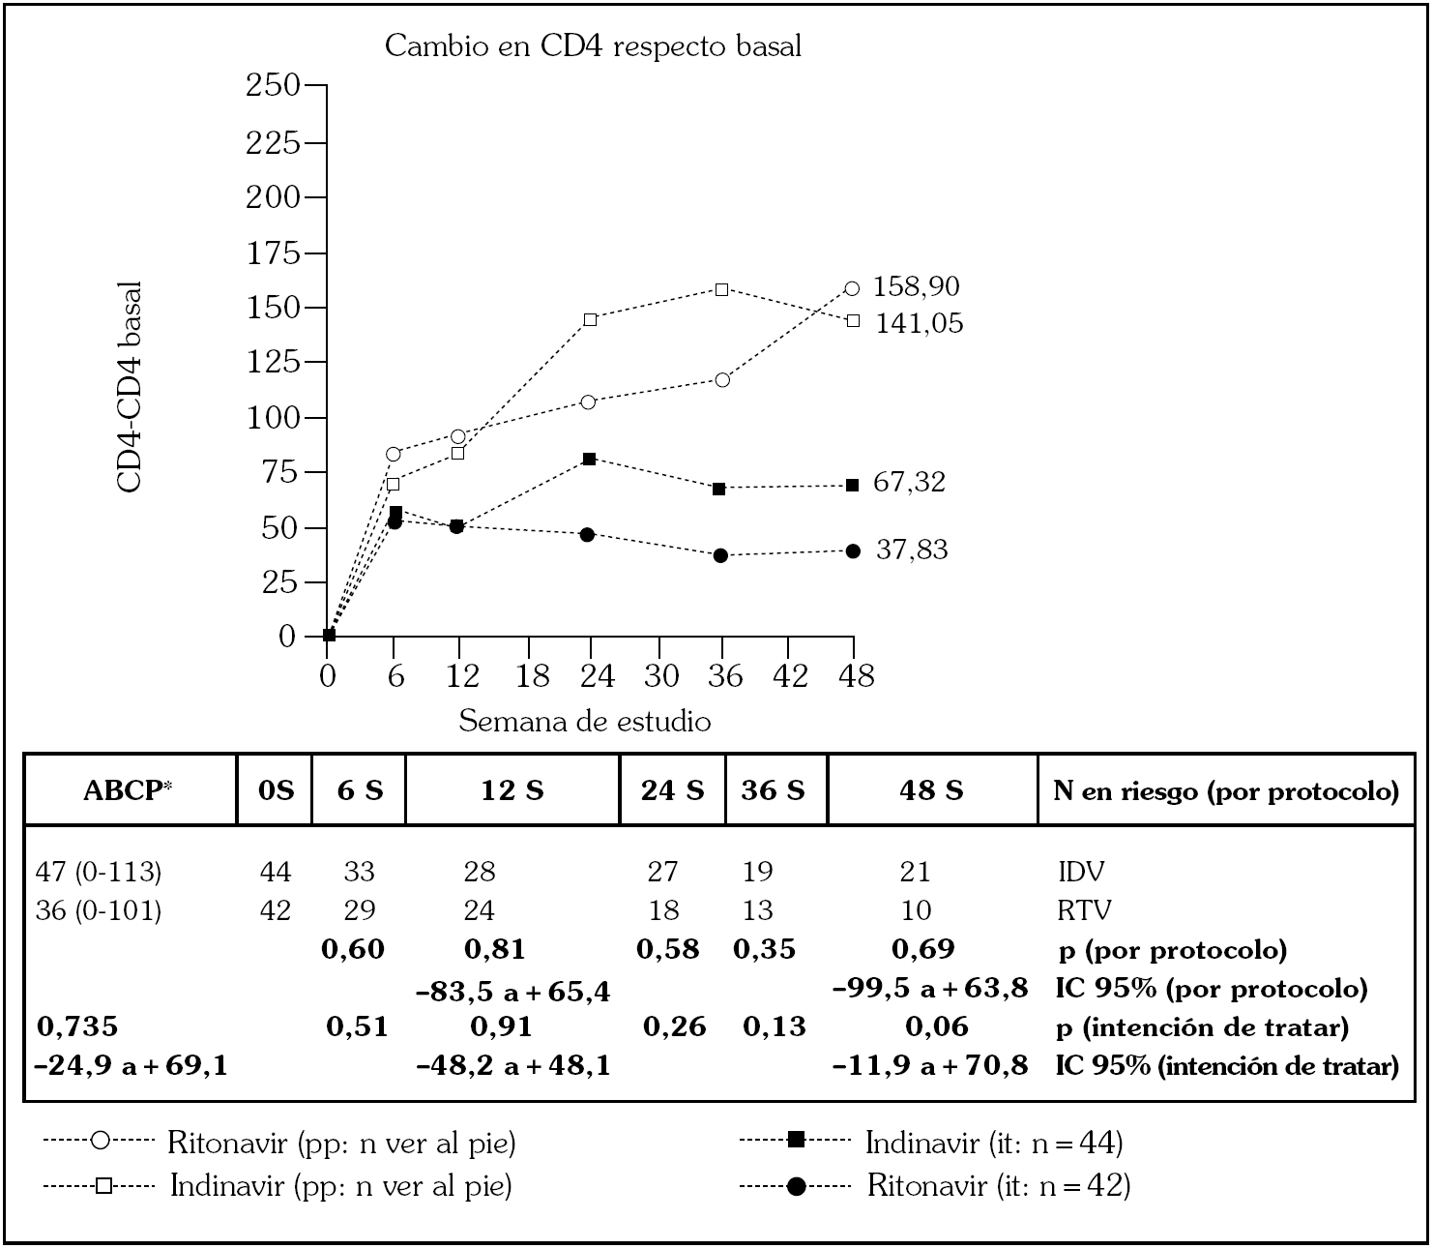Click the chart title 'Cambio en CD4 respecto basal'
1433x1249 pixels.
(x=593, y=45)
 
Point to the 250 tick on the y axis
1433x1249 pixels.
(x=274, y=86)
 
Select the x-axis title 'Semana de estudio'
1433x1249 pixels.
(x=584, y=722)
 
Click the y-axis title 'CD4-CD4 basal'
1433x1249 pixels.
(x=131, y=387)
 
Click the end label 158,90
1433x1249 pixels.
(x=916, y=287)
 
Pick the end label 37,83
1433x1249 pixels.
(x=911, y=550)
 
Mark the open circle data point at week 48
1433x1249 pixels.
(x=852, y=288)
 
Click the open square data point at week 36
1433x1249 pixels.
(x=721, y=289)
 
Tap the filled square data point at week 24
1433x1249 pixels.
(x=590, y=459)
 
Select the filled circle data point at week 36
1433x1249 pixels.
(x=720, y=555)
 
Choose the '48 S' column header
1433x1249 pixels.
(x=931, y=790)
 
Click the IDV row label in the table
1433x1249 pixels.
(x=1081, y=873)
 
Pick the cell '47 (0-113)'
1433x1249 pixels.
(x=98, y=873)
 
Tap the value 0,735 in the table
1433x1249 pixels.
(x=77, y=1026)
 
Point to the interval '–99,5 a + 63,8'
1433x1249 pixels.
(x=930, y=989)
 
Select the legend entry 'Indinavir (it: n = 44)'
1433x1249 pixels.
(x=993, y=1144)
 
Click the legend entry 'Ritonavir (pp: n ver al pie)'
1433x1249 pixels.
(x=341, y=1144)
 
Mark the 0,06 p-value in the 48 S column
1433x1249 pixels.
(x=936, y=1026)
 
